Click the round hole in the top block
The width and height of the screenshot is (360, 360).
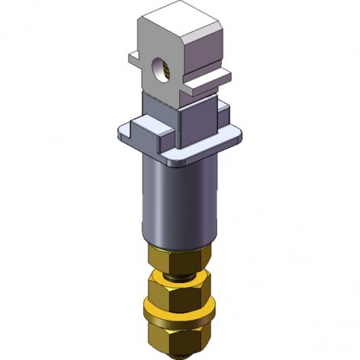[x=163, y=68]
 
